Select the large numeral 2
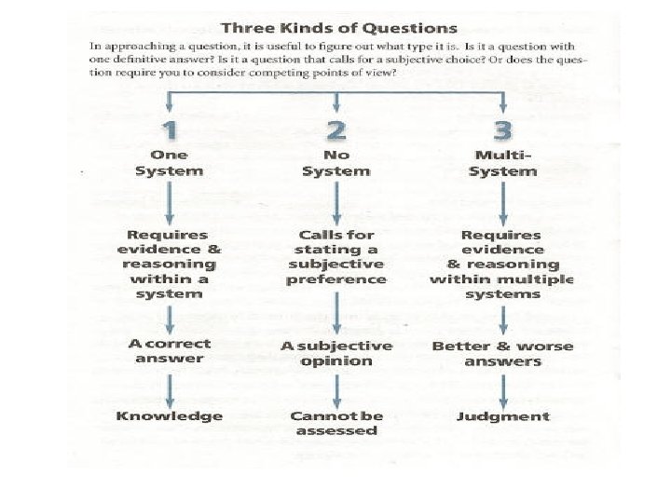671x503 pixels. click(x=335, y=129)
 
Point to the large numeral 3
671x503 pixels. click(x=503, y=129)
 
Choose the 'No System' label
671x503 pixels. click(x=335, y=163)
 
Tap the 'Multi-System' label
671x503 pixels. click(x=503, y=163)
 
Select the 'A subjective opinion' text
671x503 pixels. click(x=335, y=353)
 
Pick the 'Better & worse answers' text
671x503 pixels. click(x=503, y=353)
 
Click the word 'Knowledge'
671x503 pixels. click(x=170, y=416)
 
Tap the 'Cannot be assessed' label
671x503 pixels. click(x=335, y=424)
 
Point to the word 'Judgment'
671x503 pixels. click(x=503, y=416)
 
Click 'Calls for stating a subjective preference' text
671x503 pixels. click(x=335, y=257)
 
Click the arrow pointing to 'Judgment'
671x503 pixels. click(x=503, y=387)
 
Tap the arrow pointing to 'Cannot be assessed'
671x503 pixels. click(x=335, y=387)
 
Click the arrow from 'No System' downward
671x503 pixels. click(x=335, y=201)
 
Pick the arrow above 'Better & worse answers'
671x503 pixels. click(x=503, y=319)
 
